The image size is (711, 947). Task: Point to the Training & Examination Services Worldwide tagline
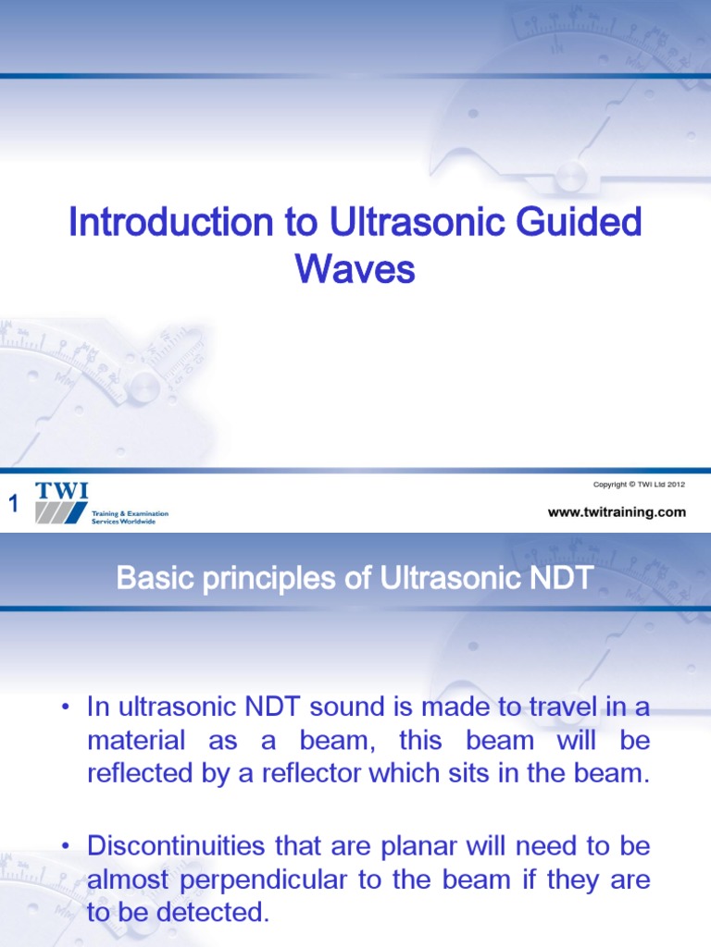pos(130,517)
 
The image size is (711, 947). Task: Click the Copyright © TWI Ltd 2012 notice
pos(639,486)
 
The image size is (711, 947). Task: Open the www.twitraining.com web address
pos(617,512)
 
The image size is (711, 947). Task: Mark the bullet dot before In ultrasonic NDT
pos(66,708)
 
